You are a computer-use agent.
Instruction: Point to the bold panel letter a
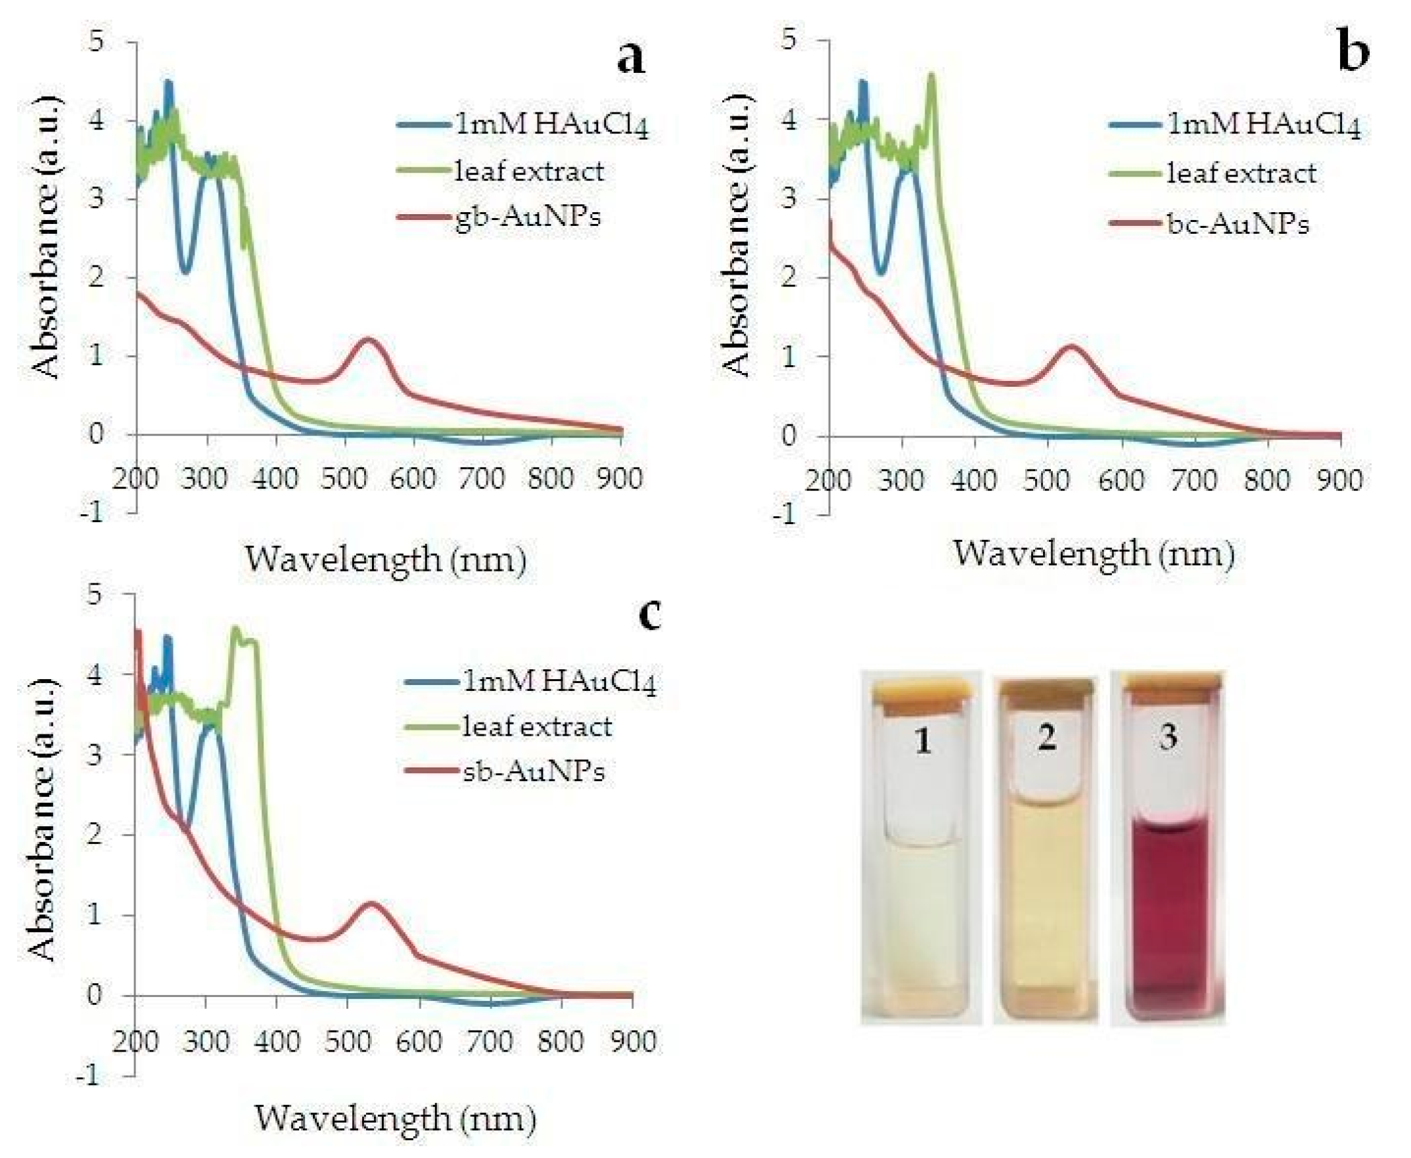point(630,57)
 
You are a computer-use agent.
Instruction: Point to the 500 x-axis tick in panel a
point(344,479)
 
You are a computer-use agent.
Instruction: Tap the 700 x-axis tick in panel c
point(490,1041)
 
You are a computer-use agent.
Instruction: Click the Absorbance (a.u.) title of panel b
point(737,233)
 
